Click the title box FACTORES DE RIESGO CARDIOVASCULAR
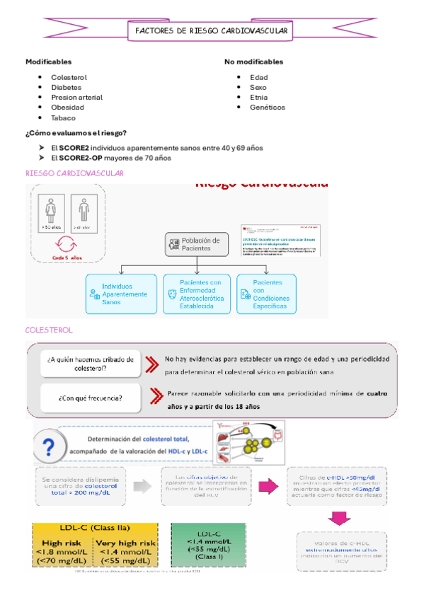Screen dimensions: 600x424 pyautogui.click(x=212, y=31)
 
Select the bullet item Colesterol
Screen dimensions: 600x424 pyautogui.click(x=69, y=77)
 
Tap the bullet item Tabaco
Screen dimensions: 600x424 pyautogui.click(x=63, y=118)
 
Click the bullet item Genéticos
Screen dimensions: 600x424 pyautogui.click(x=267, y=108)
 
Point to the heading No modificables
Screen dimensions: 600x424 pyautogui.click(x=253, y=62)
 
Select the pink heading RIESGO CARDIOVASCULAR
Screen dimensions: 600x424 pyautogui.click(x=74, y=173)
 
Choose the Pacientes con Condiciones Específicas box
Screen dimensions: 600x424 pyautogui.click(x=265, y=292)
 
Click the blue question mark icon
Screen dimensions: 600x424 pyautogui.click(x=49, y=449)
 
